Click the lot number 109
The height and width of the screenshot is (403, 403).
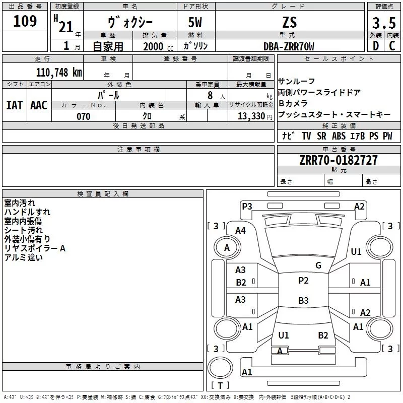pyautogui.click(x=25, y=21)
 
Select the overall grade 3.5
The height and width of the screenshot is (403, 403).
pyautogui.click(x=384, y=23)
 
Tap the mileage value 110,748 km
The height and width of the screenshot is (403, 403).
pyautogui.click(x=59, y=73)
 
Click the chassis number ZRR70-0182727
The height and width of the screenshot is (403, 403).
pyautogui.click(x=339, y=160)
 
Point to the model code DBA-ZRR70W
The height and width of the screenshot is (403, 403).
pyautogui.click(x=289, y=46)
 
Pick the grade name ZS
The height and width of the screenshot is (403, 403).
pyautogui.click(x=290, y=22)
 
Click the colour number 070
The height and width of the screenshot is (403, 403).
pyautogui.click(x=83, y=116)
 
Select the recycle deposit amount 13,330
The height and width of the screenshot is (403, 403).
pyautogui.click(x=251, y=116)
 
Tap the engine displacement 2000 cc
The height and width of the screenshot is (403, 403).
pyautogui.click(x=158, y=47)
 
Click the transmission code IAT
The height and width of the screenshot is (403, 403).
pyautogui.click(x=14, y=105)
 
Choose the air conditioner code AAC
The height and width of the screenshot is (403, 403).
pyautogui.click(x=39, y=105)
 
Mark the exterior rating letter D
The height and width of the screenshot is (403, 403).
pyautogui.click(x=376, y=46)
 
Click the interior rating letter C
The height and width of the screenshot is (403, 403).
pyautogui.click(x=392, y=46)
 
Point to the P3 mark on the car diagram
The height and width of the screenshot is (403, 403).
pyautogui.click(x=247, y=207)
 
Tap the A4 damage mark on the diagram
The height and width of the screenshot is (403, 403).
pyautogui.click(x=241, y=231)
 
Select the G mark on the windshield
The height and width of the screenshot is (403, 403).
pyautogui.click(x=318, y=265)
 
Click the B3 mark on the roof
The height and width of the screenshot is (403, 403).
pyautogui.click(x=303, y=300)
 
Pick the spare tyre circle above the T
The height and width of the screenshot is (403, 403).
pyautogui.click(x=220, y=368)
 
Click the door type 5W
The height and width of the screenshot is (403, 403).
pyautogui.click(x=195, y=22)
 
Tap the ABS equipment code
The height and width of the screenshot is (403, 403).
pyautogui.click(x=339, y=136)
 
